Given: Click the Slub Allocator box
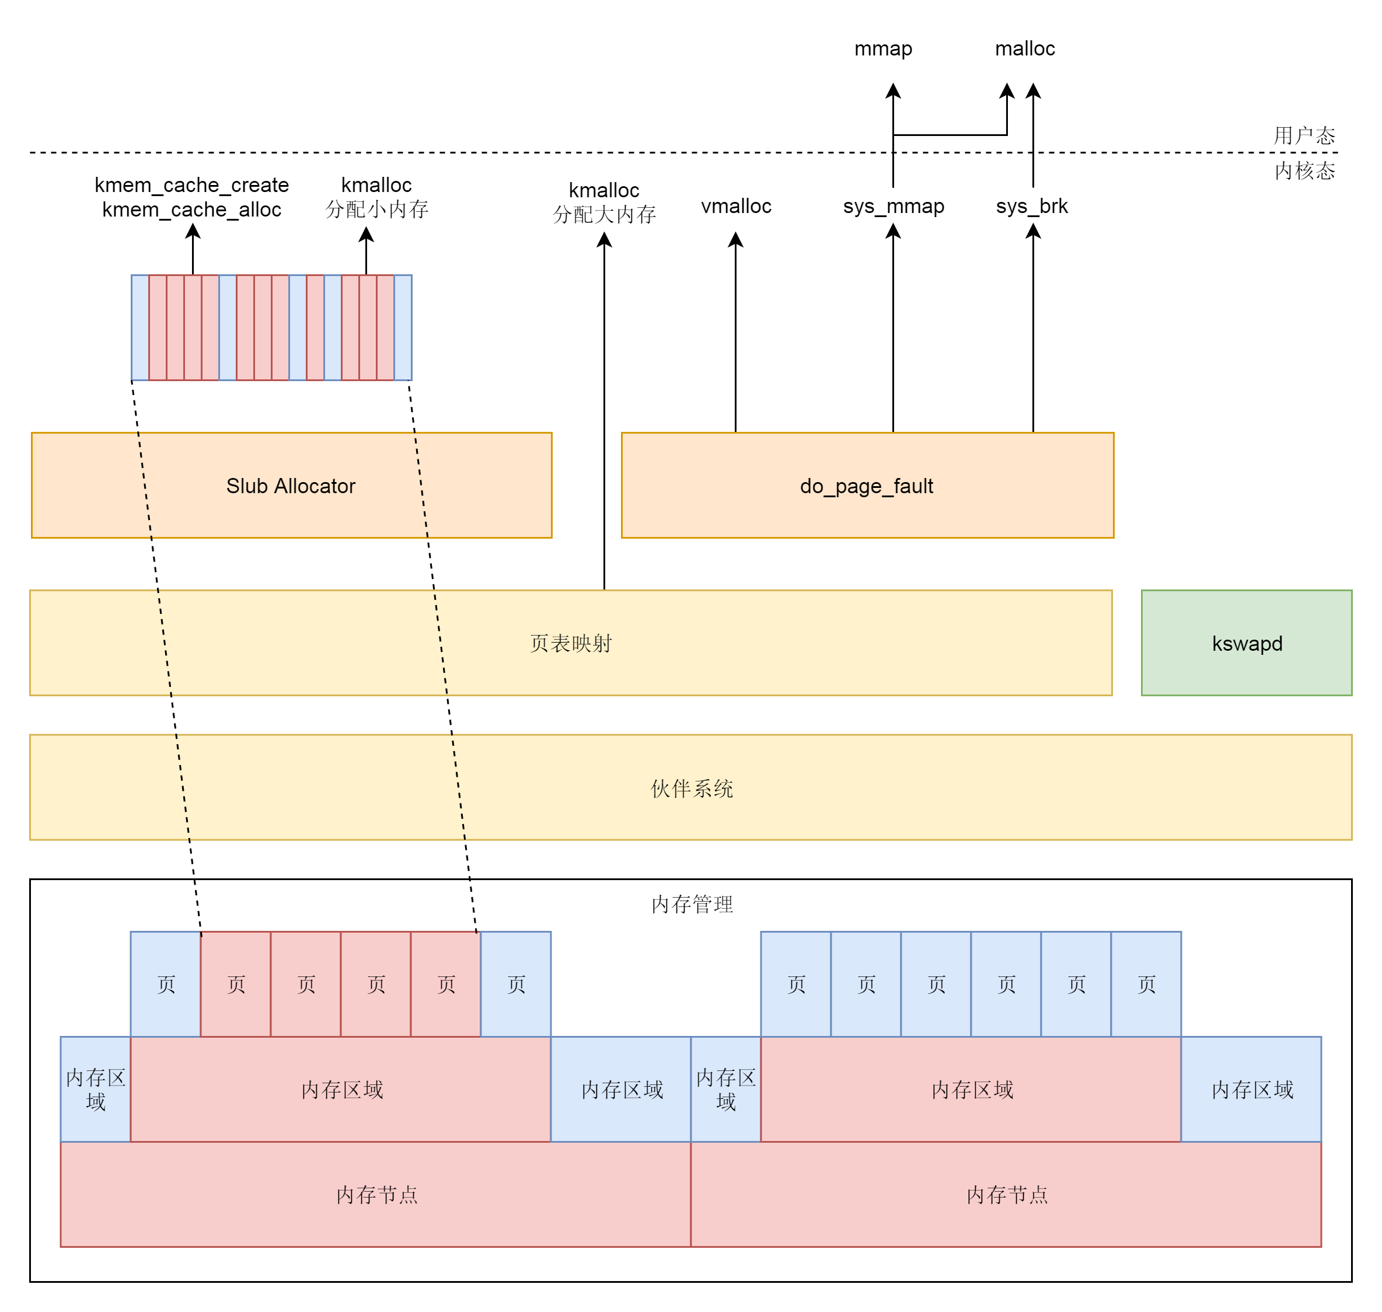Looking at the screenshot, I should [291, 486].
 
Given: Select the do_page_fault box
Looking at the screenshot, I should [867, 486].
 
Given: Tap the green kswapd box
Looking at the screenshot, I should [1247, 643].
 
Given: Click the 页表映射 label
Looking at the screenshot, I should [571, 643].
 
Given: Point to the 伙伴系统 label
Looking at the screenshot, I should [691, 788].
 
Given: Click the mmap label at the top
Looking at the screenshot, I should [884, 48].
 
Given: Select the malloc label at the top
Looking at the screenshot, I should [1025, 48].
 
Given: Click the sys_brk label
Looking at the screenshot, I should [1032, 206].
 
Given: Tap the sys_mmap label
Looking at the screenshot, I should [893, 206].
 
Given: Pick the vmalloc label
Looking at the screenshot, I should [736, 206].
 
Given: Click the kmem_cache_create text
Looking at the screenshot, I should [191, 184].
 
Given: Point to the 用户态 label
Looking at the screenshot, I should [1304, 135].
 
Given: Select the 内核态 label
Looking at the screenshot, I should [1304, 170].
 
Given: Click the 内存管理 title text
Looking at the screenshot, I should [692, 904].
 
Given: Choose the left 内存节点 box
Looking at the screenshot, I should [376, 1195].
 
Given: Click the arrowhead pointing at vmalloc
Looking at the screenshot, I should [736, 240].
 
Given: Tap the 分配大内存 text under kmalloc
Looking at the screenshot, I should [604, 215].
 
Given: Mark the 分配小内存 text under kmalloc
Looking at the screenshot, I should [376, 209].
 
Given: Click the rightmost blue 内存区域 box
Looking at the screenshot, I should [1252, 1089].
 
